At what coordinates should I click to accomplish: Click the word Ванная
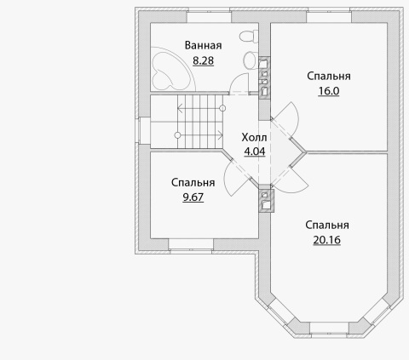(x=203, y=45)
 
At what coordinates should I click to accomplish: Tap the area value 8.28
(x=203, y=60)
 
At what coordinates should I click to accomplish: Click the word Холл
(x=254, y=137)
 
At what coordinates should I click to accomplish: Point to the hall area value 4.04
(x=255, y=151)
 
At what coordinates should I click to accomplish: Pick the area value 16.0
(x=329, y=91)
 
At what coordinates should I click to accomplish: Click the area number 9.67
(x=193, y=197)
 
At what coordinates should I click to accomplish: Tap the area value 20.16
(x=327, y=240)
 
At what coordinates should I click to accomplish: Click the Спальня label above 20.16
(x=327, y=225)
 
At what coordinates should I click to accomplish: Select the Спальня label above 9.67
(x=193, y=182)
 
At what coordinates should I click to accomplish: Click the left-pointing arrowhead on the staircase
(x=180, y=108)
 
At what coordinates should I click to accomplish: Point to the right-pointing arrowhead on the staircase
(x=221, y=135)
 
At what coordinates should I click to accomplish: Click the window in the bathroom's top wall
(x=209, y=16)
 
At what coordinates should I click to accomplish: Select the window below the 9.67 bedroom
(x=191, y=244)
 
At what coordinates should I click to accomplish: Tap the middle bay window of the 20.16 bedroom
(x=329, y=329)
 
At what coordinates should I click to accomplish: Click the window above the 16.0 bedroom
(x=329, y=16)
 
